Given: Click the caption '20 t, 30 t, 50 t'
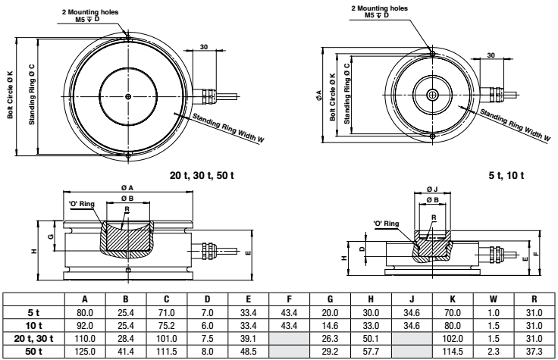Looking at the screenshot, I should pos(202,174).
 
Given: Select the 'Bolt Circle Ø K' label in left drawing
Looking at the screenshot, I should pos(11,95).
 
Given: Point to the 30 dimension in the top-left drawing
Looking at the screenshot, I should pos(203,47).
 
